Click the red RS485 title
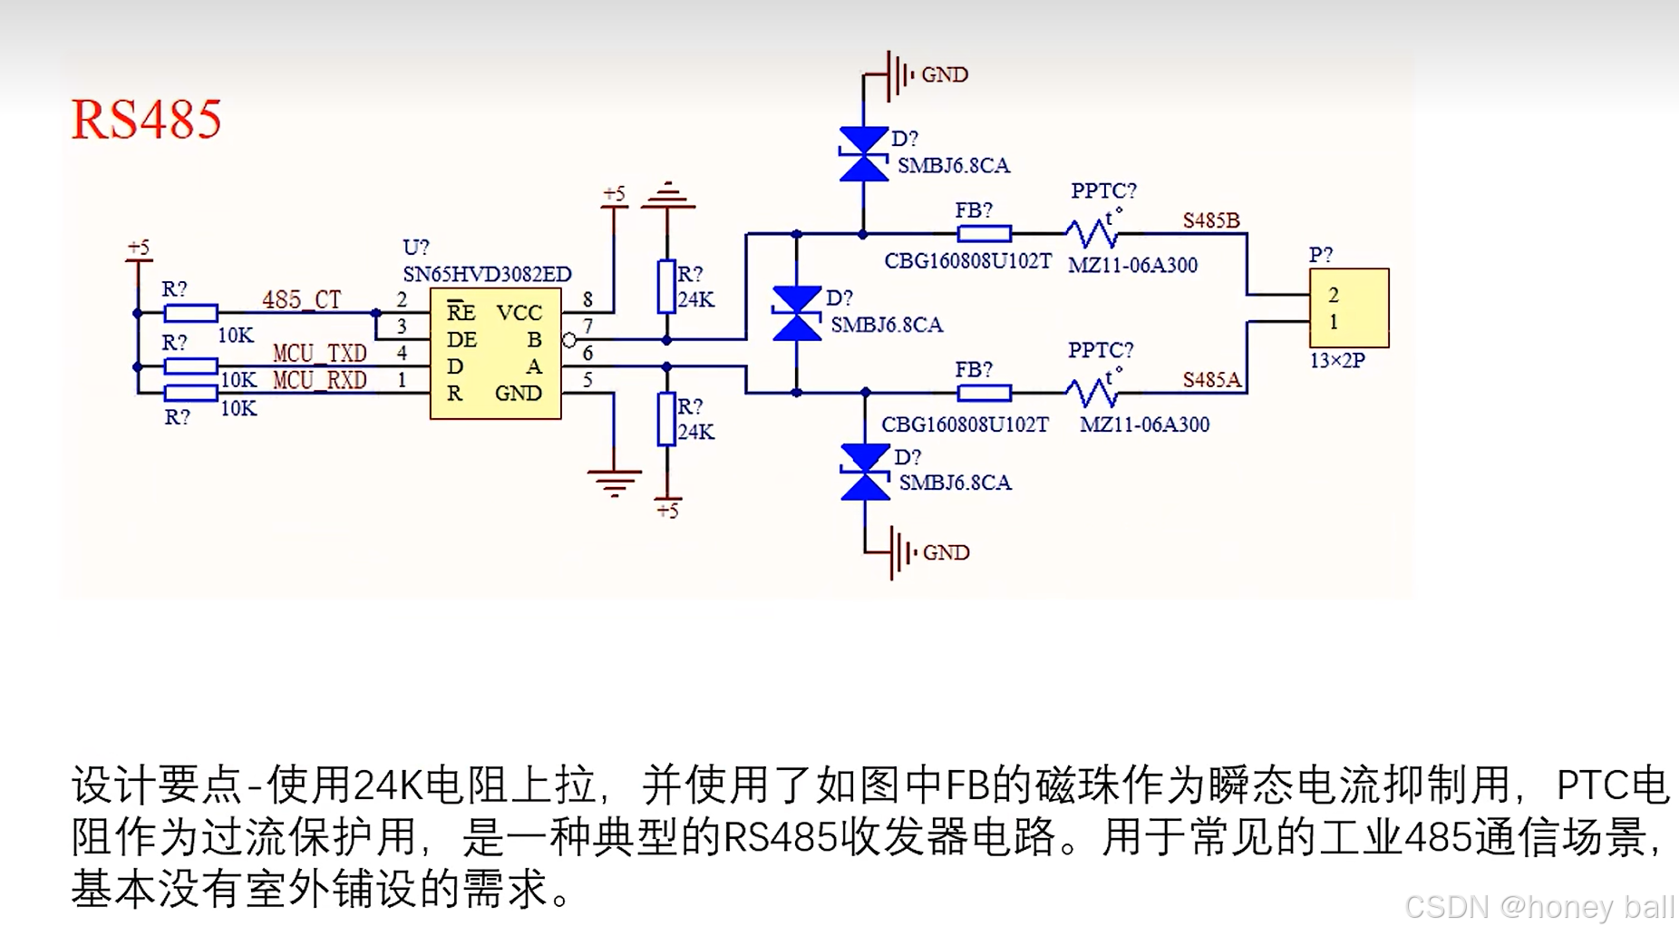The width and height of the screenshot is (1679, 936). pyautogui.click(x=146, y=120)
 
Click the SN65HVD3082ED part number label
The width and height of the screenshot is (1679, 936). pyautogui.click(x=487, y=274)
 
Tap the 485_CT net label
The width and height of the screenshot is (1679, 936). pyautogui.click(x=301, y=299)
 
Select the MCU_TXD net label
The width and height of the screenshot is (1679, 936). pyautogui.click(x=319, y=353)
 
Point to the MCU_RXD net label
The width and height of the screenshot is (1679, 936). pyautogui.click(x=319, y=380)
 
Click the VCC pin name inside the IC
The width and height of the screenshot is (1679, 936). pyautogui.click(x=519, y=313)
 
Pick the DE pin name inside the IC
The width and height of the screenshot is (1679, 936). pyautogui.click(x=461, y=340)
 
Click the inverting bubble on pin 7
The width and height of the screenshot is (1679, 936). pyautogui.click(x=569, y=340)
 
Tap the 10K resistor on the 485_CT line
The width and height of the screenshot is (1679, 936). pyautogui.click(x=190, y=314)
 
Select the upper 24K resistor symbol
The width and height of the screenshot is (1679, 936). pyautogui.click(x=666, y=287)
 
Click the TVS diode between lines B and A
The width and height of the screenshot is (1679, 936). pyautogui.click(x=796, y=314)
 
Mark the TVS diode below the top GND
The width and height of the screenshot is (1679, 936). pyautogui.click(x=863, y=154)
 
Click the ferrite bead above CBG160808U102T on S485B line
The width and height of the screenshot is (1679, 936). pyautogui.click(x=984, y=234)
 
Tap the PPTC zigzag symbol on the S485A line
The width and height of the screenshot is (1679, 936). pyautogui.click(x=1092, y=393)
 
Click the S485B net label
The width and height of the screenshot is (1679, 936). pyautogui.click(x=1210, y=221)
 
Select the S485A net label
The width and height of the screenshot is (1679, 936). pyautogui.click(x=1210, y=380)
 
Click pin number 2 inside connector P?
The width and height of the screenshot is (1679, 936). pyautogui.click(x=1334, y=295)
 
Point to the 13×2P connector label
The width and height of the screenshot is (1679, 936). pyautogui.click(x=1336, y=361)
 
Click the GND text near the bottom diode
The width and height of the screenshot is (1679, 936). pyautogui.click(x=946, y=552)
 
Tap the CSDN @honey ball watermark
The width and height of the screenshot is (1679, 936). pyautogui.click(x=1538, y=906)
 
